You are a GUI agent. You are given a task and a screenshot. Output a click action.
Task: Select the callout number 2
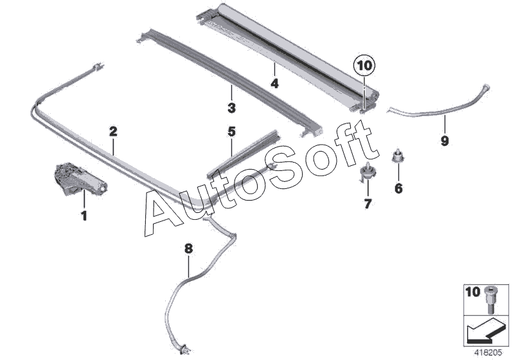coord(113,131)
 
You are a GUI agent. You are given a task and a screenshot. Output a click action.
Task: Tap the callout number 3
coord(231,107)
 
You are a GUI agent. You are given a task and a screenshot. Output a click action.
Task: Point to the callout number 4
coord(274,84)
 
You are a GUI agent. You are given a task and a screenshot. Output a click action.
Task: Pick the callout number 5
coord(231,132)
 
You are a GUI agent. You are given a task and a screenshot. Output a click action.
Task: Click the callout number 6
coord(398,188)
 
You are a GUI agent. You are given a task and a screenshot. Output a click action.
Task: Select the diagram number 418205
coord(490,352)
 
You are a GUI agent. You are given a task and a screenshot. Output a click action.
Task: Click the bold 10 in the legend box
coord(472,292)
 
